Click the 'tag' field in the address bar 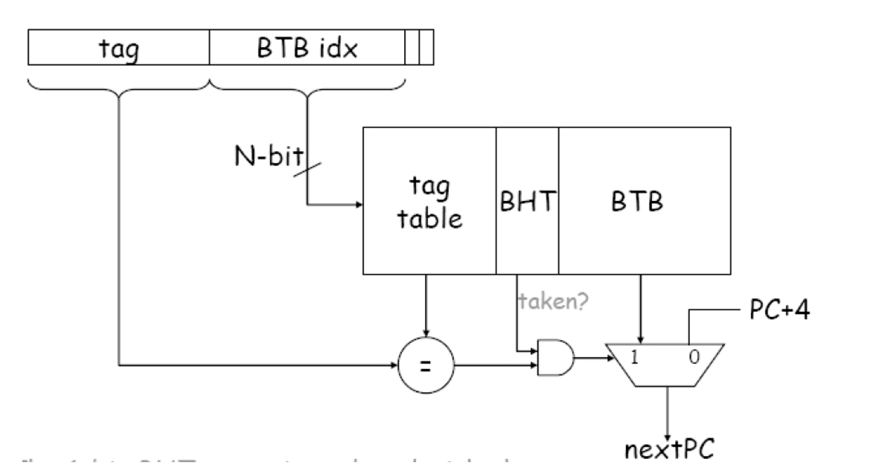(x=119, y=48)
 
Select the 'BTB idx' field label (x=307, y=48)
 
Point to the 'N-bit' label (x=269, y=155)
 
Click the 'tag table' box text (x=429, y=202)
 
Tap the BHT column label (x=527, y=201)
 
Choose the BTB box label (x=637, y=201)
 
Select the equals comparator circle (x=426, y=365)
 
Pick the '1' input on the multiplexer (x=634, y=356)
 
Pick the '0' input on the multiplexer (x=694, y=357)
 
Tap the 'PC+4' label (x=779, y=310)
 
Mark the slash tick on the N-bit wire (x=307, y=169)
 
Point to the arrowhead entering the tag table (x=359, y=204)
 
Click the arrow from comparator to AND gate (x=494, y=365)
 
